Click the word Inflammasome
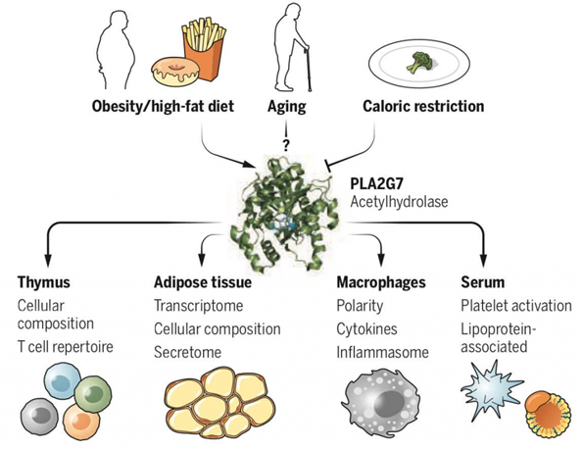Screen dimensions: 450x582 pos(377,347)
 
